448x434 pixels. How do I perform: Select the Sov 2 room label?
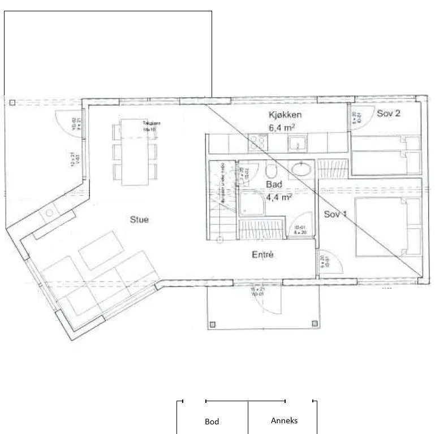pos(389,114)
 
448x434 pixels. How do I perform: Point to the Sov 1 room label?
pos(335,214)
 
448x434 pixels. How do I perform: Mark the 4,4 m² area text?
pos(278,197)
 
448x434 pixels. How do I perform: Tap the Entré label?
pos(262,255)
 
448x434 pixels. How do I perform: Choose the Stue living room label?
pos(139,219)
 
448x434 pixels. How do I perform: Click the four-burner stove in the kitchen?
pos(259,142)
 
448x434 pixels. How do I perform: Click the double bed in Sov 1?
pos(388,227)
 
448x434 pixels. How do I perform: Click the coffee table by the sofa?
pos(102,250)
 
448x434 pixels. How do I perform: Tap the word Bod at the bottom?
pos(212,422)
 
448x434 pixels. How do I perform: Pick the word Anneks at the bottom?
pos(284,420)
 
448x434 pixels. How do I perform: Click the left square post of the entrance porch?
pos(213,324)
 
